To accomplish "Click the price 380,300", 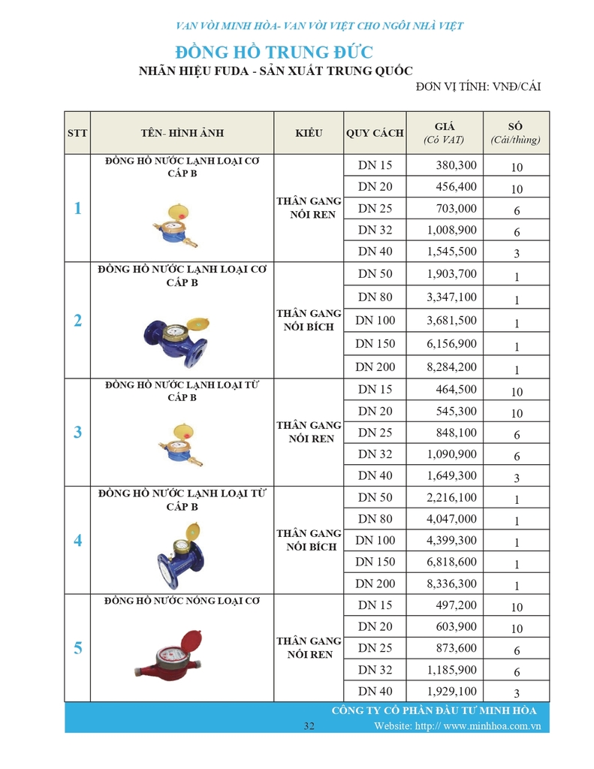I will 456,165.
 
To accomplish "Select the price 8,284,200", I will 451,367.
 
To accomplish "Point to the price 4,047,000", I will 451,519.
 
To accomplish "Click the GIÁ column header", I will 444,133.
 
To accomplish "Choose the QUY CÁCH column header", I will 375,133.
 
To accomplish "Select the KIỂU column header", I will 309,133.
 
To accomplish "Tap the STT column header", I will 77,133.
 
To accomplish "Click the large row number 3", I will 77,433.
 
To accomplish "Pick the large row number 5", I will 77,648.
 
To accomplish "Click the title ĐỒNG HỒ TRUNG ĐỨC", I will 273,53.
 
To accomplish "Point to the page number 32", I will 309,725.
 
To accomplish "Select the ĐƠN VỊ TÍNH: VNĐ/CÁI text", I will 478,87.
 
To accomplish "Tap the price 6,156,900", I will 451,344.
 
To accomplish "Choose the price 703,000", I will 456,208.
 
